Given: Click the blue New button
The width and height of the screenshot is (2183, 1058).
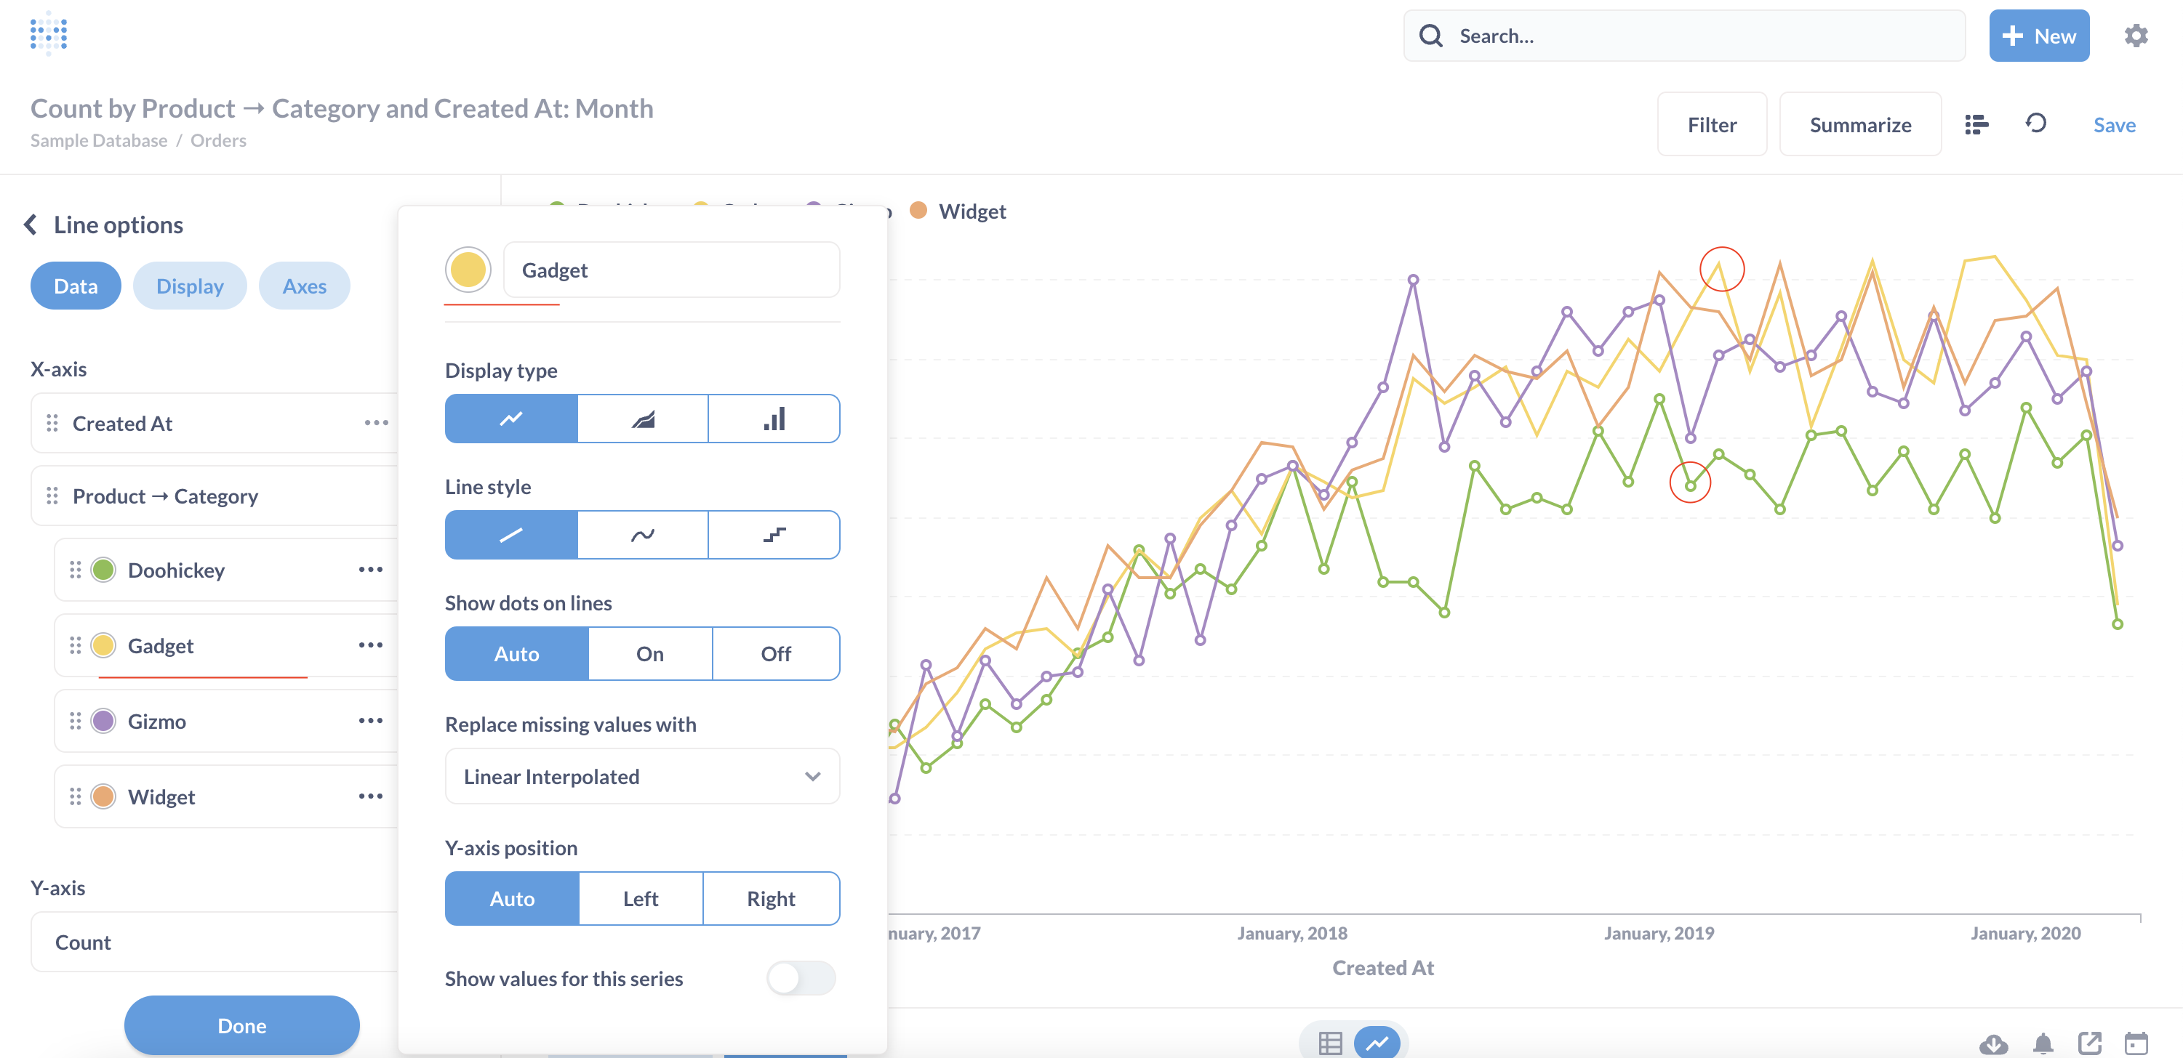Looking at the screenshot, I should point(2038,36).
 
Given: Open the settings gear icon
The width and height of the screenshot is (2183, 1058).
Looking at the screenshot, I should point(2136,36).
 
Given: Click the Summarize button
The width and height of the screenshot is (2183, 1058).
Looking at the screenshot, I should point(1859,124).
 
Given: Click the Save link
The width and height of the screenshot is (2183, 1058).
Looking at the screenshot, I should point(2113,124).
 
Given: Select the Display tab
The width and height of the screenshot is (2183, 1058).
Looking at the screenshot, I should point(190,286).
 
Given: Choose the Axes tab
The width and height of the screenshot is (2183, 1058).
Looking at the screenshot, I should point(304,286).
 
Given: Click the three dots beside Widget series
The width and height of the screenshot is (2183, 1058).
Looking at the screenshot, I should point(370,796).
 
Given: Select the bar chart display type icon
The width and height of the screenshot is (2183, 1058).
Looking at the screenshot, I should point(774,419).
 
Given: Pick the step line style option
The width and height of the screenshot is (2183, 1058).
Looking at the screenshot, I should point(774,535).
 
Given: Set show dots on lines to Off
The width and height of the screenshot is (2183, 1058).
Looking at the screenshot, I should point(775,654).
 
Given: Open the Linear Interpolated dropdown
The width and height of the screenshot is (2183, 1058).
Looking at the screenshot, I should point(641,776).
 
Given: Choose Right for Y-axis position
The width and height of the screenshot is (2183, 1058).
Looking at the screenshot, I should point(770,899).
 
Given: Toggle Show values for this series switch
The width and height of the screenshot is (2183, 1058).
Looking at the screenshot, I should point(800,978).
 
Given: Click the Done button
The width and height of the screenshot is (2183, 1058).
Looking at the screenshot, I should point(241,1026).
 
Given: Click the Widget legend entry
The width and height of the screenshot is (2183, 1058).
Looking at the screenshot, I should point(972,211).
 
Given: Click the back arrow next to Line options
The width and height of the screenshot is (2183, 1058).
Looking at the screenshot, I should point(31,225).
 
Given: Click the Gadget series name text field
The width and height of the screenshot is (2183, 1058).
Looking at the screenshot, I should point(671,270).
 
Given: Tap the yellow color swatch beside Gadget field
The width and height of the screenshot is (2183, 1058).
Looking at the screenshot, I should point(468,270).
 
